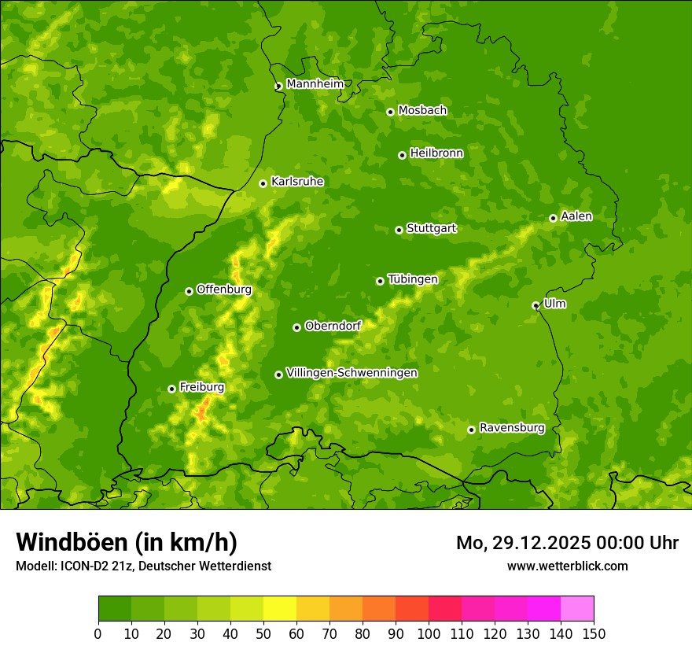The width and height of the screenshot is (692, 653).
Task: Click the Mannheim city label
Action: (315, 84)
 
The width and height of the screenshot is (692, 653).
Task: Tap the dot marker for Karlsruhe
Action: (263, 183)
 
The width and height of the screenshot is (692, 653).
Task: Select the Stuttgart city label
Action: (431, 228)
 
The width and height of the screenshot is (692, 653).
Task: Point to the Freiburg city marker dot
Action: (171, 389)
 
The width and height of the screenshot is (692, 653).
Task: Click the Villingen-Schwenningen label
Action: (352, 373)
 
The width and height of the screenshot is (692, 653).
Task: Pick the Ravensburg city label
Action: (511, 428)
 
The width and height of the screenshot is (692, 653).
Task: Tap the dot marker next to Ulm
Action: (536, 305)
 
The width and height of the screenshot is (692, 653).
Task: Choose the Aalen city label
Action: (576, 216)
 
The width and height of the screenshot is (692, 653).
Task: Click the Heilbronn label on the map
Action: (436, 153)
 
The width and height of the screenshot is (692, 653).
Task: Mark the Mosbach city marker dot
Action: (390, 112)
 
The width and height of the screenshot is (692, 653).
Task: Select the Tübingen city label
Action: (413, 279)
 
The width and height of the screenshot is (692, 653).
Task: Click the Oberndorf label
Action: (333, 326)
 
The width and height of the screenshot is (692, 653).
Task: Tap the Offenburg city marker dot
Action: (189, 291)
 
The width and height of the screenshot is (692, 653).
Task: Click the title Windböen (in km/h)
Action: (127, 542)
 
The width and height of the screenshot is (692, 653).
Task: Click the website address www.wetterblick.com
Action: (567, 566)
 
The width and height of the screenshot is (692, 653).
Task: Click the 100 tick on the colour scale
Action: (429, 633)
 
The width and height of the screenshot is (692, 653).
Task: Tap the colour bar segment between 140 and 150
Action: (577, 609)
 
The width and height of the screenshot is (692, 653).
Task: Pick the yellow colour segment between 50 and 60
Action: (280, 609)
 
